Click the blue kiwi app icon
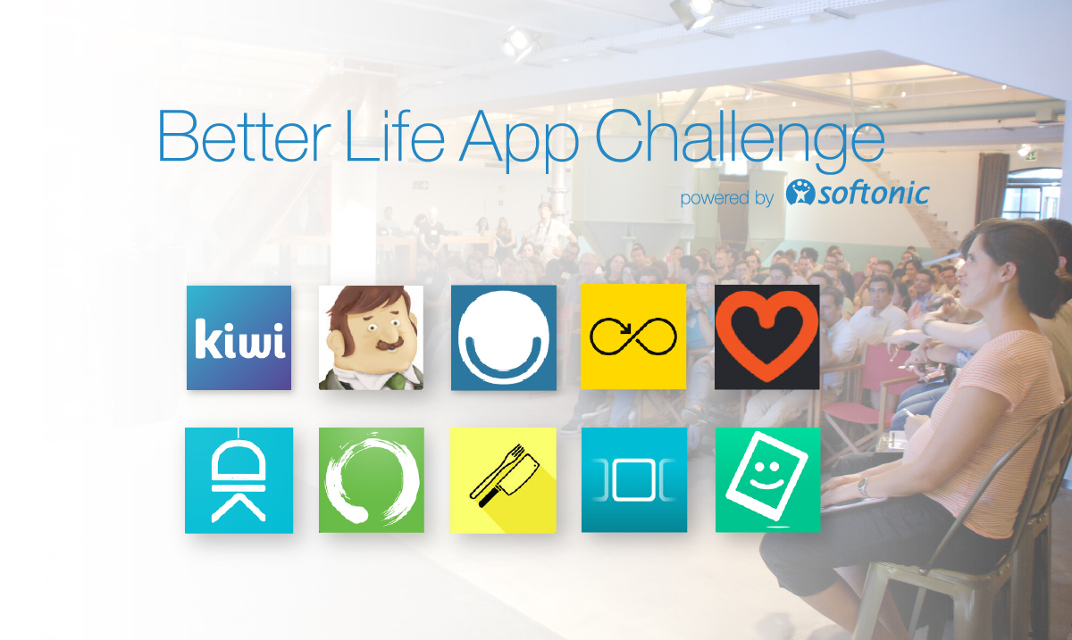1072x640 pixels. [239, 337]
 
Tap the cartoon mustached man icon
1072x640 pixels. [371, 337]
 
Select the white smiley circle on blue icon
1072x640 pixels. [504, 337]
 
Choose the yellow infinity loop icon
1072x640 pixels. [633, 337]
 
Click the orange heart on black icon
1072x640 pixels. [766, 337]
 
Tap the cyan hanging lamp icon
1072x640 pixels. [239, 480]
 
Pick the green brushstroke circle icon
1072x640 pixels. [372, 479]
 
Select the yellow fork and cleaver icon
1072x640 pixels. [504, 480]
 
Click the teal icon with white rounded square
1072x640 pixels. [634, 479]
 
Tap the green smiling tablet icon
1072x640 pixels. [767, 479]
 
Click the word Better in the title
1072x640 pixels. [244, 137]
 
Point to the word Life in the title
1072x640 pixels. [395, 137]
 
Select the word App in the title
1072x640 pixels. [519, 142]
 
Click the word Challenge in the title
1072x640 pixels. [740, 141]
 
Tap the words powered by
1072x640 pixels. [727, 198]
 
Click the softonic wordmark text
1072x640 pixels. [873, 194]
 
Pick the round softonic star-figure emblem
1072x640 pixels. [800, 192]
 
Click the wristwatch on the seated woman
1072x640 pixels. [863, 487]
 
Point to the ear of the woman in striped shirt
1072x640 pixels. [1009, 273]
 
